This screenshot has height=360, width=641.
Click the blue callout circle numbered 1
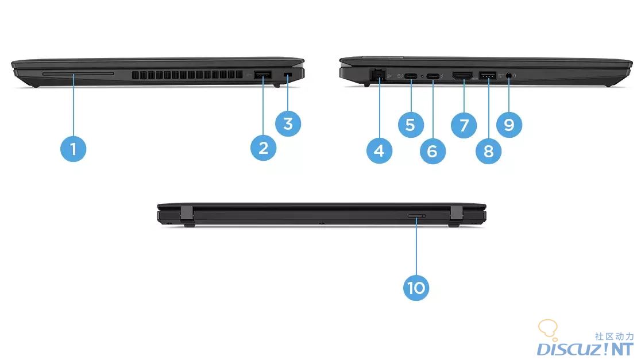[73, 149]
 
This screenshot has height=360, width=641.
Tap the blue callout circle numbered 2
[263, 148]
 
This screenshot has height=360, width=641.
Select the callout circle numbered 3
[288, 123]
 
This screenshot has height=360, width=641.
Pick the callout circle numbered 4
[379, 151]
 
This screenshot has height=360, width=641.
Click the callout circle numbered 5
[411, 125]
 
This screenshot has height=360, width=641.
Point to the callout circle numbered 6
[433, 151]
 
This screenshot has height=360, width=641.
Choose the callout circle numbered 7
[464, 125]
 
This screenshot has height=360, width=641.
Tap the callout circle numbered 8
[489, 151]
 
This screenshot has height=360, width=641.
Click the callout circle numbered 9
[509, 125]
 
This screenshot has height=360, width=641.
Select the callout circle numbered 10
[416, 288]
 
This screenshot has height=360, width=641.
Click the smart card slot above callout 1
[78, 73]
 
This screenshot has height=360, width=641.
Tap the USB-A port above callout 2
[263, 75]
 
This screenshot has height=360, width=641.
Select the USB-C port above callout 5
[411, 76]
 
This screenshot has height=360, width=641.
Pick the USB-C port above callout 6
[433, 76]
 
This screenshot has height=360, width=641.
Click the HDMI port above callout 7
[462, 75]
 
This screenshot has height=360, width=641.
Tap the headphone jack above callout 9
[509, 75]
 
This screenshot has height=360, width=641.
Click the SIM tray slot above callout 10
[416, 216]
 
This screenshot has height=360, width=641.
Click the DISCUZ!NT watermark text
[585, 349]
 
